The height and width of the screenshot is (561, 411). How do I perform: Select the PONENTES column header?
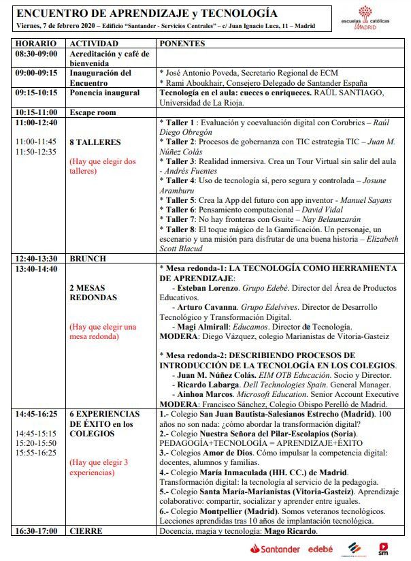pos(182,44)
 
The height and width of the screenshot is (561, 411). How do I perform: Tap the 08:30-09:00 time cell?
pos(37,54)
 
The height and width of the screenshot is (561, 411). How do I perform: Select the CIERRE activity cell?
pos(86,531)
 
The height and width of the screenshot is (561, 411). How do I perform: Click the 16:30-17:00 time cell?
pos(37,531)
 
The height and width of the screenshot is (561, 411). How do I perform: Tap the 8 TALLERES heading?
pos(95,142)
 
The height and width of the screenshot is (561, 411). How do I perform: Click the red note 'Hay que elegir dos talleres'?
pos(103,167)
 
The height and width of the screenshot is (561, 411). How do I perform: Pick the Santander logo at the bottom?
pos(274,549)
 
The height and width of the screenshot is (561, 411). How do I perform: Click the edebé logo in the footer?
pos(320,549)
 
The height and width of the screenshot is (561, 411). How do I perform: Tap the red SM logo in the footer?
pos(384,547)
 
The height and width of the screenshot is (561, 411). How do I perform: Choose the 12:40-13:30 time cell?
pos(37,259)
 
